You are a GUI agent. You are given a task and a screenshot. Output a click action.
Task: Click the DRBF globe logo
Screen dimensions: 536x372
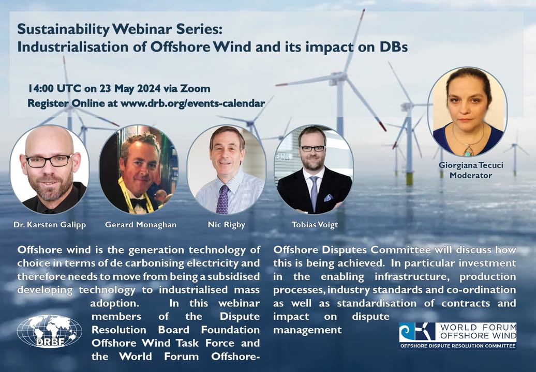[50, 331]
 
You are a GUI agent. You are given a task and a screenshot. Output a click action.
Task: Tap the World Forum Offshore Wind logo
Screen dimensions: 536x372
[458, 336]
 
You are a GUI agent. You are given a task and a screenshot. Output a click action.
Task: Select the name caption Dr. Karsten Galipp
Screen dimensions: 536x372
[50, 225]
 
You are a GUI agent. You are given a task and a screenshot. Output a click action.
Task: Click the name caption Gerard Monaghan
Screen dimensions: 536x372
[141, 225]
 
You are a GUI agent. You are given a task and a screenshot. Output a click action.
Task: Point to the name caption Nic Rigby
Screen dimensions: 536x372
[226, 225]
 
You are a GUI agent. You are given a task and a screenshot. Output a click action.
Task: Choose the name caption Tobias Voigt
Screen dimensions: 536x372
[315, 225]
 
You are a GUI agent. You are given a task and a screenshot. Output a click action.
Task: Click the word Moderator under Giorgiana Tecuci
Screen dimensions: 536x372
[471, 176]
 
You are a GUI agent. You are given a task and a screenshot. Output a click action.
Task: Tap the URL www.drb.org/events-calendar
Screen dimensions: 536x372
[193, 103]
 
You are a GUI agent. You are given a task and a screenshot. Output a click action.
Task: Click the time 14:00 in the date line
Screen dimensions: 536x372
[41, 89]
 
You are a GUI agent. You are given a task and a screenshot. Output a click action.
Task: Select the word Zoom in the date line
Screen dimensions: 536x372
[195, 89]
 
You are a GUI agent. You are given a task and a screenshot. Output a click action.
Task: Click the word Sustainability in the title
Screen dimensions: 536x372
[63, 29]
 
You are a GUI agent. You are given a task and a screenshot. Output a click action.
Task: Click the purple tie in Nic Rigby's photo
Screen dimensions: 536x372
[222, 199]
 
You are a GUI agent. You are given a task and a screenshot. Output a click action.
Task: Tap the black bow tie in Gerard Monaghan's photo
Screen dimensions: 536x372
[139, 203]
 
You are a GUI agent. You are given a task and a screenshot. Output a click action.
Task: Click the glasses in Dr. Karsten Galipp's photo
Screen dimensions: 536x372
[50, 161]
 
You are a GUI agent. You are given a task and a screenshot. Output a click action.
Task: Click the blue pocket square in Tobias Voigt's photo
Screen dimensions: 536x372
[329, 197]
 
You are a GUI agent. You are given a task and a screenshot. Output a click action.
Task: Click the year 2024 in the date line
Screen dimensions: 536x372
[148, 89]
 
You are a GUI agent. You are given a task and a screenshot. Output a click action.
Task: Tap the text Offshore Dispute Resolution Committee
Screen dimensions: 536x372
[458, 346]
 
